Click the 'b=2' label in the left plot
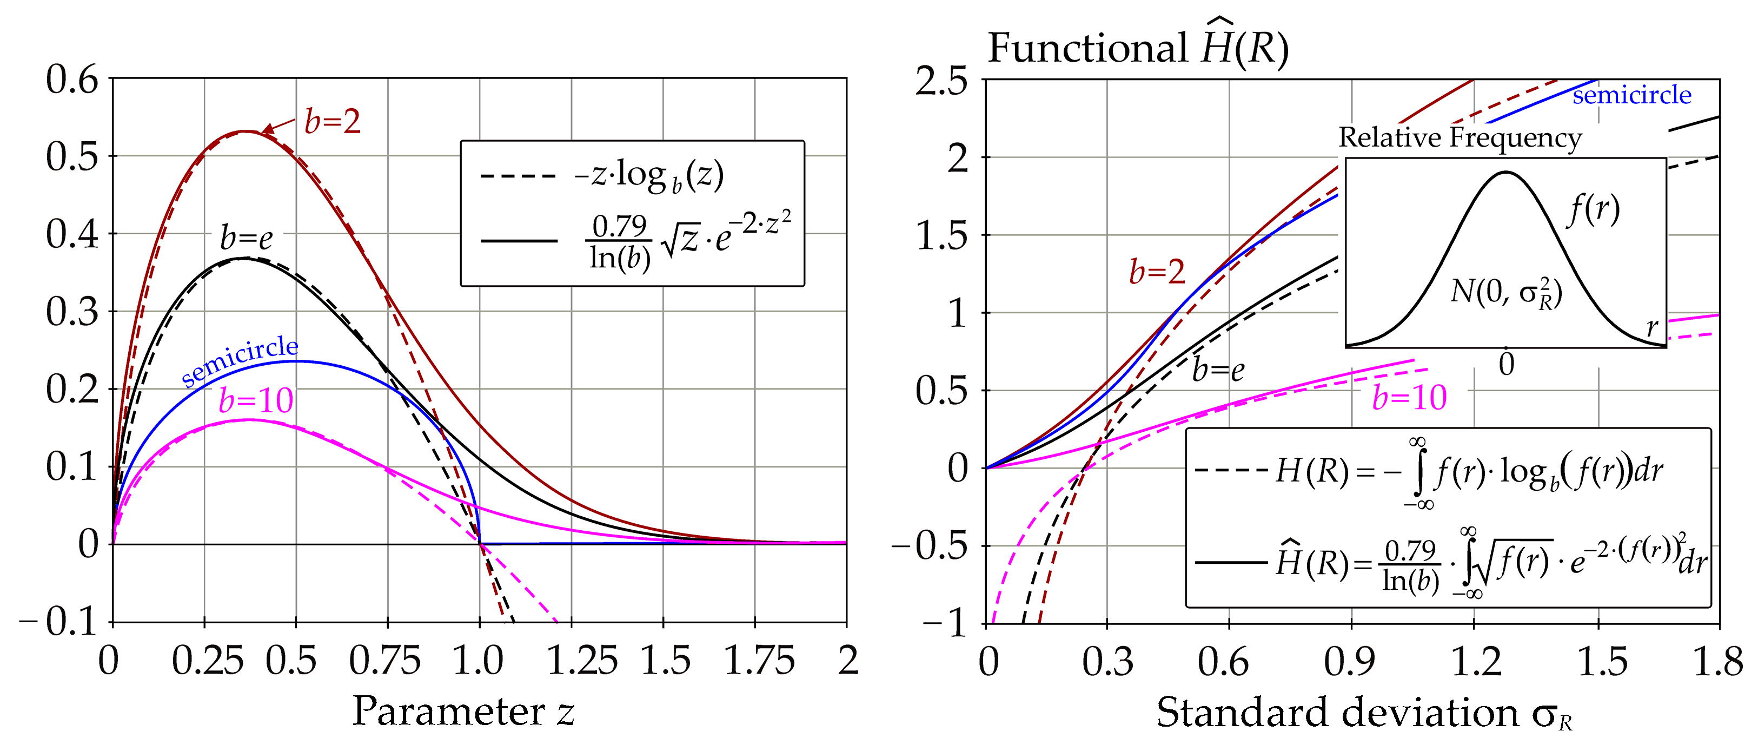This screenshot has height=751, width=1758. [333, 122]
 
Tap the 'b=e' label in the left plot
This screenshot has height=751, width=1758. [247, 238]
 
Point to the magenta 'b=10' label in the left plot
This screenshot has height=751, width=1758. [256, 401]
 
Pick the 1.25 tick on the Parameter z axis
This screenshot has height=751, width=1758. [581, 661]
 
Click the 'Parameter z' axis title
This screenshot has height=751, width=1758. [463, 712]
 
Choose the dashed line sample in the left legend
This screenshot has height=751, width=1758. [519, 177]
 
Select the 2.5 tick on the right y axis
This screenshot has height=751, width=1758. [942, 81]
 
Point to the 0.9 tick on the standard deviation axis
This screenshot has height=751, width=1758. [1350, 661]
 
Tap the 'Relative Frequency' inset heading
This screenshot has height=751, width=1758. [1460, 137]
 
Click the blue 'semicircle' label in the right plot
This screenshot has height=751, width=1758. [1632, 95]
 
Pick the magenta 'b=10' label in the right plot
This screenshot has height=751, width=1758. [1409, 397]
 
